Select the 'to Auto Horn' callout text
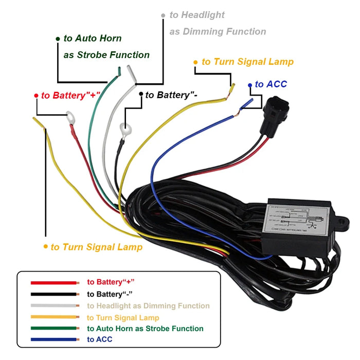[93, 39]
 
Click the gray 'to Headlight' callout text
[197, 15]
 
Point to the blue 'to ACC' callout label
[271, 84]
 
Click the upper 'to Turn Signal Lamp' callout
[247, 62]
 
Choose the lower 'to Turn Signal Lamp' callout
[96, 247]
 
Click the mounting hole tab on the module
[344, 225]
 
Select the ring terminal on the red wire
[69, 119]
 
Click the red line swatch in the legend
[53, 283]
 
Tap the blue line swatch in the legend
[53, 339]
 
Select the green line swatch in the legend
[53, 328]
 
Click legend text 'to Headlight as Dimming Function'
[148, 306]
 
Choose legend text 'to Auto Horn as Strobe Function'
[145, 328]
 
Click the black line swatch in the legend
[53, 294]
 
